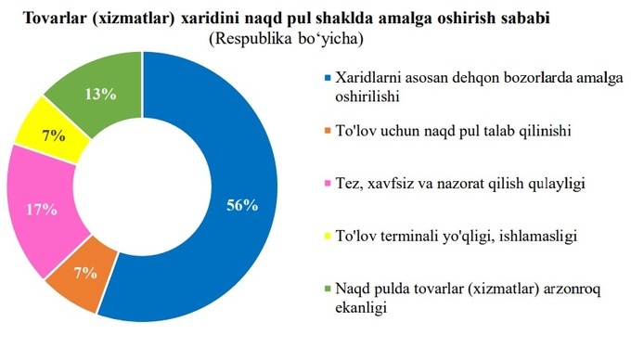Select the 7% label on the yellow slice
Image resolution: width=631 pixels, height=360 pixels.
coord(53,135)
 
